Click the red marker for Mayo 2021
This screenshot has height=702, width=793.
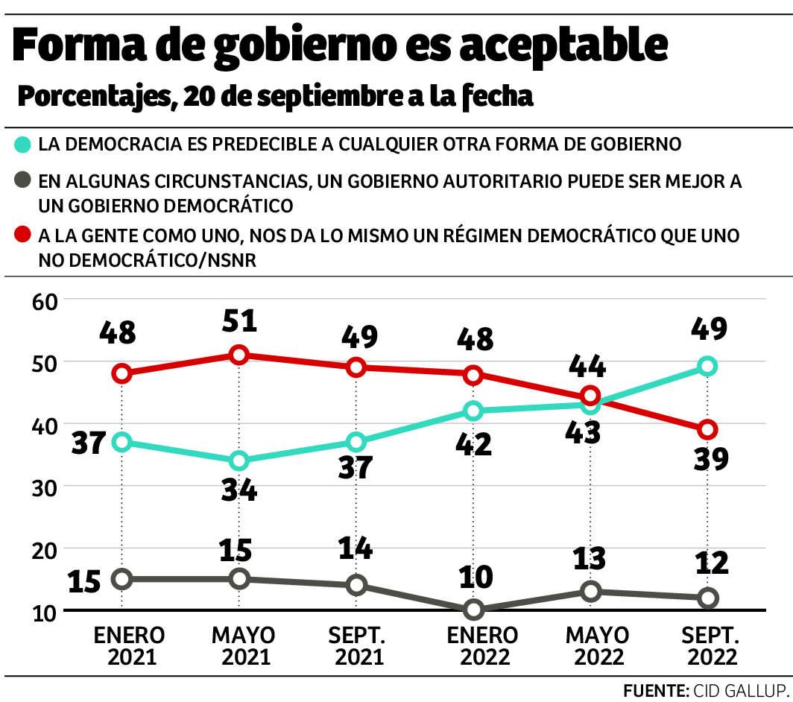pos(238,355)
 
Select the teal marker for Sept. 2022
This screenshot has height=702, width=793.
pos(707,366)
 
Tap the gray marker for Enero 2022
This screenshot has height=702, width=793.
pos(473,610)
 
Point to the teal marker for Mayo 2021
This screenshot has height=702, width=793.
pos(238,461)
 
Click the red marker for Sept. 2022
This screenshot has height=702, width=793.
pos(707,429)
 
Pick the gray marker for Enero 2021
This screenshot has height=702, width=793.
pos(122,579)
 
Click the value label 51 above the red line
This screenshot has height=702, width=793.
pos(239,321)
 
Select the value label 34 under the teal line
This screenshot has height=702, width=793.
pos(239,490)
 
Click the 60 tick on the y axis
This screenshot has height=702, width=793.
pos(45,300)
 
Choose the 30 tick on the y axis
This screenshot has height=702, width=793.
pos(45,487)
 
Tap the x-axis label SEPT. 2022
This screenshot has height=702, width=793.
pos(711,646)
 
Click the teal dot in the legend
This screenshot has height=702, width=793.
pos(22,144)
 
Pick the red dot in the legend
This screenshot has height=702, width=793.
pos(22,236)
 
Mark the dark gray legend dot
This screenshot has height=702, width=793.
pos(22,181)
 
